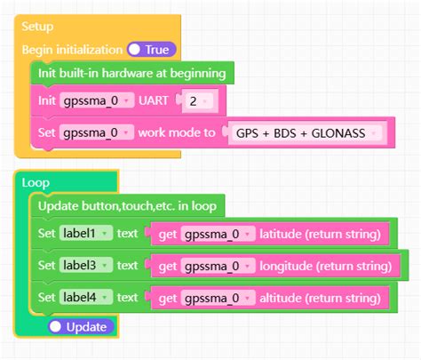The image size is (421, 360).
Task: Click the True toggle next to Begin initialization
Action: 152,50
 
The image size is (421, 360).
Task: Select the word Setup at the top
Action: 38,28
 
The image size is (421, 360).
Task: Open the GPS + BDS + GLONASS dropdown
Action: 306,133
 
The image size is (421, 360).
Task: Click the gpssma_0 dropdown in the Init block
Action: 96,100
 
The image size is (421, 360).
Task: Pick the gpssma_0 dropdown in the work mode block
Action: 96,133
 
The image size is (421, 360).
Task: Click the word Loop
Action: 36,182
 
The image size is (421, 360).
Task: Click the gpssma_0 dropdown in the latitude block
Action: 217,235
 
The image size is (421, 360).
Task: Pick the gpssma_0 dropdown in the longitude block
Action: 217,266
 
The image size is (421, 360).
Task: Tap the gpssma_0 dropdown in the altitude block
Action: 217,297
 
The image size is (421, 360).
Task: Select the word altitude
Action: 282,297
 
